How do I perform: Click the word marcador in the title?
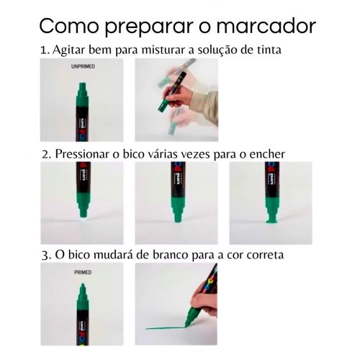(266, 26)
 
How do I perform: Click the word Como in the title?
(69, 26)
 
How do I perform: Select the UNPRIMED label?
(83, 66)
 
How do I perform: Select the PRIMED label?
(83, 272)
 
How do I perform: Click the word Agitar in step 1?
(69, 50)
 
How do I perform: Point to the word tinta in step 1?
(269, 50)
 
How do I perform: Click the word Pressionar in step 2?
(82, 154)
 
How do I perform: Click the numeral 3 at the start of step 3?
(45, 256)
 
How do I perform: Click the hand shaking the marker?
(179, 96)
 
